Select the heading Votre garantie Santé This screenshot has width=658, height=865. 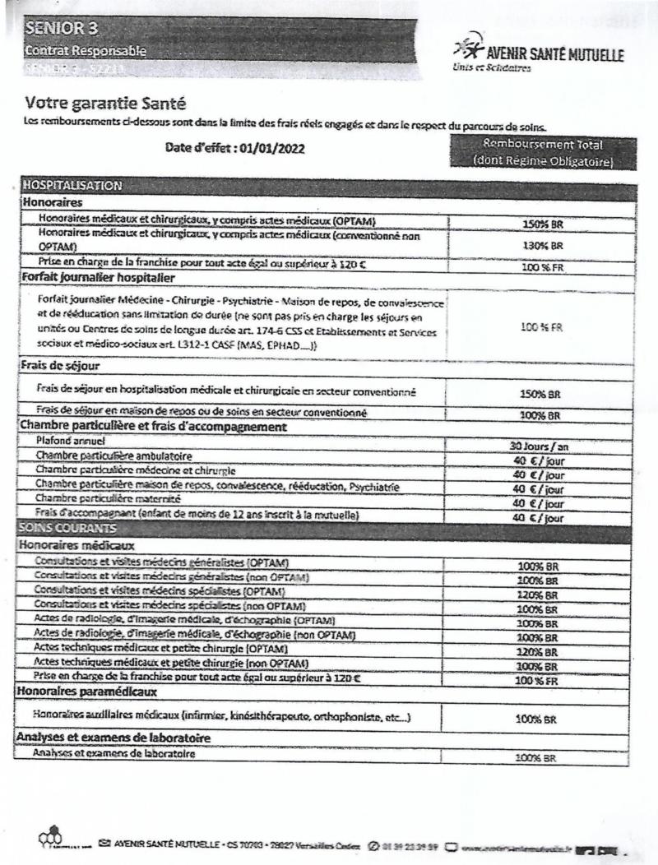(105, 104)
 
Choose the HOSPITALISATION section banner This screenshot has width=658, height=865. (73, 185)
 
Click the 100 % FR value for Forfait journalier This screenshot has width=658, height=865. (541, 326)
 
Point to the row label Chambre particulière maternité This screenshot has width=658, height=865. (109, 500)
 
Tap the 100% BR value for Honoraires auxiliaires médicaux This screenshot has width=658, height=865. (540, 719)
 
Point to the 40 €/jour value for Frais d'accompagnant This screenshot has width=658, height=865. (540, 518)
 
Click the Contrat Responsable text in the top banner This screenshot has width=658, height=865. (87, 51)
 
